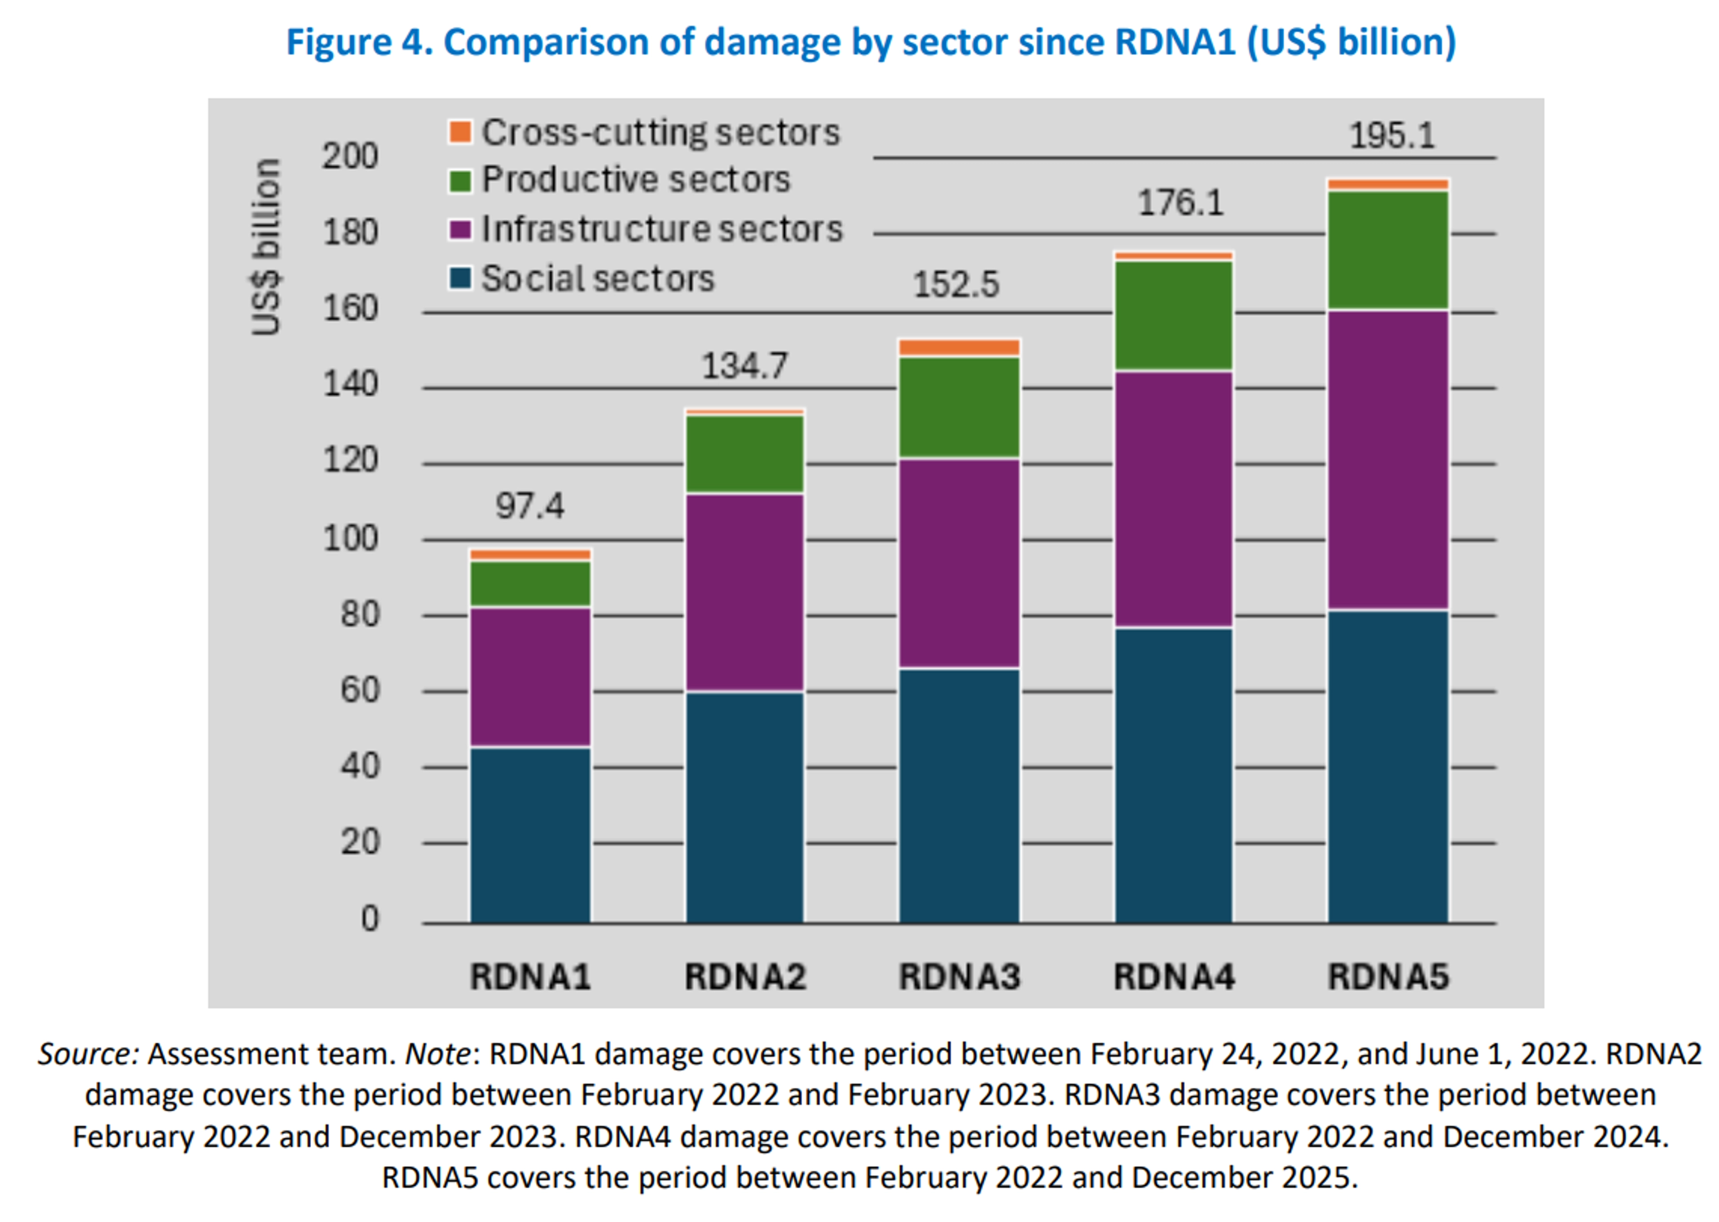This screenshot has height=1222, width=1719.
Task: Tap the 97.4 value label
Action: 529,506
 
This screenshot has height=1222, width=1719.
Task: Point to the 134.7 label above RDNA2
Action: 744,366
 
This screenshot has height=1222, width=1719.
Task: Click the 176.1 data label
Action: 1180,203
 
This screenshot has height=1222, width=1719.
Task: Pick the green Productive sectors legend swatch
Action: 460,180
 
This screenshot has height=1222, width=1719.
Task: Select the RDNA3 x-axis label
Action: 959,977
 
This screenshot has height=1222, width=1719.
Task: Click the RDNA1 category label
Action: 530,977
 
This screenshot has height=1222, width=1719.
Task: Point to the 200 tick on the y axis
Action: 350,157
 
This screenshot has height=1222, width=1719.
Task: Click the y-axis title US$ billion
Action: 266,247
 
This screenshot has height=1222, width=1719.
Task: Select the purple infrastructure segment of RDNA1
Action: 530,677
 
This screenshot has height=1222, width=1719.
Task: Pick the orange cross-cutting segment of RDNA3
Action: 959,347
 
